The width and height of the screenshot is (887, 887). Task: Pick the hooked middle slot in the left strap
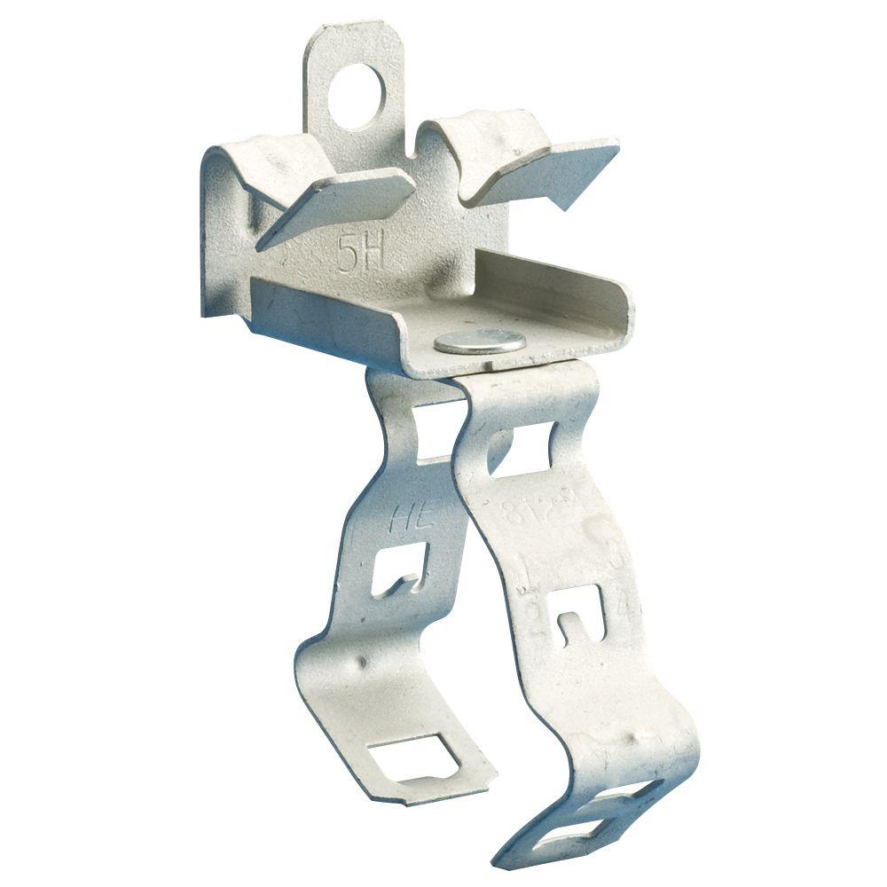point(401,571)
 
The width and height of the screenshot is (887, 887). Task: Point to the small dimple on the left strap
point(362,662)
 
